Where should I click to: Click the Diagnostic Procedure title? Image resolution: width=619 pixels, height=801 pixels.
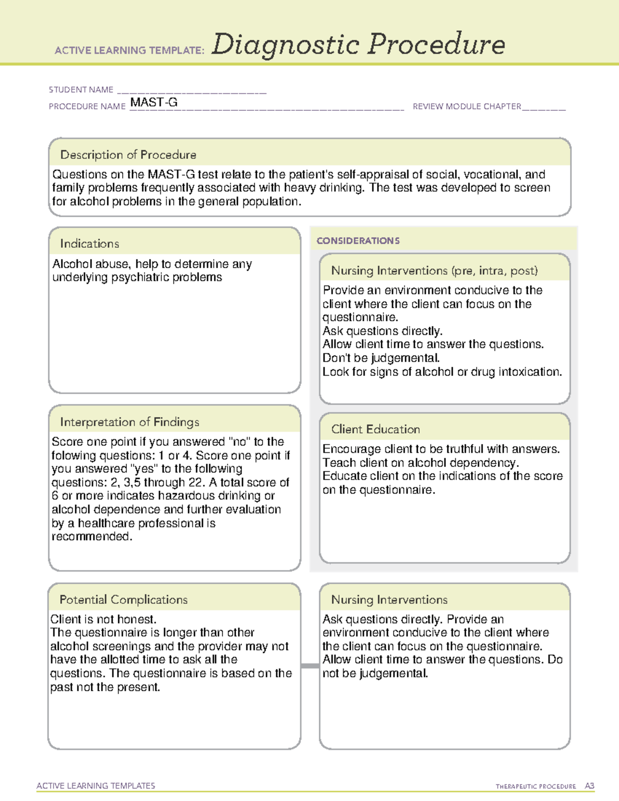(x=358, y=44)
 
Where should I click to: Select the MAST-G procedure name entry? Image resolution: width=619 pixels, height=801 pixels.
(x=154, y=103)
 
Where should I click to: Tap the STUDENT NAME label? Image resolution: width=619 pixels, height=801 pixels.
(x=81, y=90)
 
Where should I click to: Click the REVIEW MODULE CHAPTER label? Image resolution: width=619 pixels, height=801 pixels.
(x=467, y=107)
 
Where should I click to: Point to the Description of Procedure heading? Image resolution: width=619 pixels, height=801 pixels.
(x=128, y=155)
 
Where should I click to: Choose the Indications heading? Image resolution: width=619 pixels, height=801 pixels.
(x=89, y=243)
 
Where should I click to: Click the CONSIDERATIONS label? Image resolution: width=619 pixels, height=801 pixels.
(x=358, y=241)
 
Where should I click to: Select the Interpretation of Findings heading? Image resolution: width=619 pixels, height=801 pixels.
(x=129, y=422)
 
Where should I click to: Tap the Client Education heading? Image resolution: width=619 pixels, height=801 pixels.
(x=376, y=429)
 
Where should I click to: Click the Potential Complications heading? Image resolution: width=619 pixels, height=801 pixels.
(x=123, y=599)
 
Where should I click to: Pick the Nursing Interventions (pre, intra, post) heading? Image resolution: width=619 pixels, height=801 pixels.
(x=434, y=271)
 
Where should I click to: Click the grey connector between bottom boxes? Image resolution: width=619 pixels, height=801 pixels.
(x=310, y=666)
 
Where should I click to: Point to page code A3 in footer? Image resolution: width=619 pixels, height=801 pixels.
(x=590, y=786)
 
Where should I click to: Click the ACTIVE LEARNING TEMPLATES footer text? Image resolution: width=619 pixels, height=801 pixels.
(x=96, y=786)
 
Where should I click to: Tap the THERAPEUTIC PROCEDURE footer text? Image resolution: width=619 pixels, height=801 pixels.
(x=535, y=787)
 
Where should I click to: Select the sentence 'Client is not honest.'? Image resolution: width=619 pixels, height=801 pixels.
(x=103, y=619)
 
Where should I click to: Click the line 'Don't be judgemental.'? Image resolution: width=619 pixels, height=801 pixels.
(x=381, y=358)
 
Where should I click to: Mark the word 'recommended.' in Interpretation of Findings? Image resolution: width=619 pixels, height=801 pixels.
(x=92, y=536)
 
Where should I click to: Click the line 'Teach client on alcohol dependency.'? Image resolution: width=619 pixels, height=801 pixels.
(x=420, y=463)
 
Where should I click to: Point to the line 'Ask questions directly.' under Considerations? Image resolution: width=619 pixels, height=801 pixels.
(x=382, y=331)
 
